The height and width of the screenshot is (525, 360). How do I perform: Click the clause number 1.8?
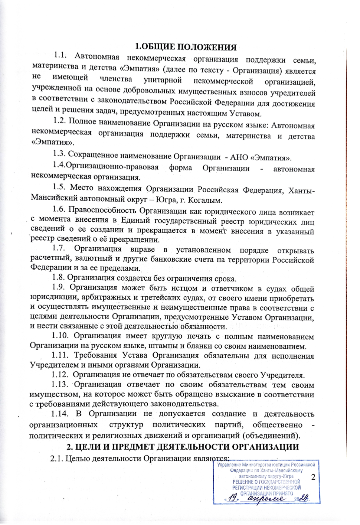pyautogui.click(x=58, y=278)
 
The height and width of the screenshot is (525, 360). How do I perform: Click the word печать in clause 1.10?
pyautogui.click(x=201, y=336)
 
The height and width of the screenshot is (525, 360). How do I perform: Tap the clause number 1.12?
pyautogui.click(x=60, y=375)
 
